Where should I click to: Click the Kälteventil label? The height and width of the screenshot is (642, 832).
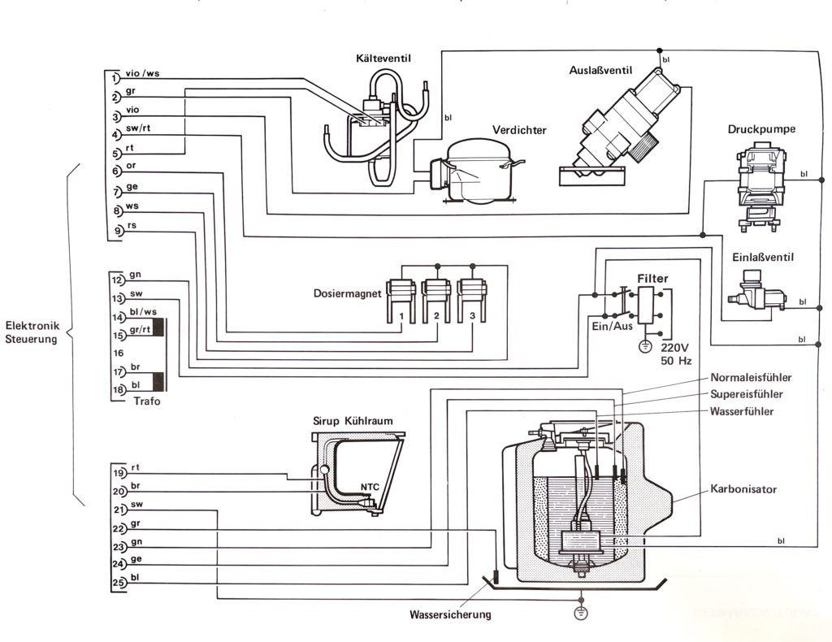click(383, 59)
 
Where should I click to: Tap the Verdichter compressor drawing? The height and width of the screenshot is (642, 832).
click(472, 173)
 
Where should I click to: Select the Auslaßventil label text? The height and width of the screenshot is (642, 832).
click(600, 70)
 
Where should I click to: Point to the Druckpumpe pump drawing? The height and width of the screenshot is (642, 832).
click(761, 189)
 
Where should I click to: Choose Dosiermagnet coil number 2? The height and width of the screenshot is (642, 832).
click(436, 301)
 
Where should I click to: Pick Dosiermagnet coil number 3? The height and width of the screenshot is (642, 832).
click(473, 301)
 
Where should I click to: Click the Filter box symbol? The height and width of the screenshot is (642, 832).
click(646, 305)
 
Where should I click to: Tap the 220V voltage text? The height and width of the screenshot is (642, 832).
click(674, 348)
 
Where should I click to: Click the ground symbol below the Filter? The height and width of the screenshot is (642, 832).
click(645, 346)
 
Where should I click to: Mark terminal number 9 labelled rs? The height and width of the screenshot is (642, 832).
click(119, 231)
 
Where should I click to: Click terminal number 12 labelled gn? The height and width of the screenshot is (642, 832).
click(117, 280)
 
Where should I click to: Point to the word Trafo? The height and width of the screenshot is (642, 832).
click(147, 401)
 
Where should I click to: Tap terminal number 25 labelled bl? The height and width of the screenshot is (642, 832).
click(119, 583)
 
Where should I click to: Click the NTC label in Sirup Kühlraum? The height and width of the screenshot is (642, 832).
click(370, 487)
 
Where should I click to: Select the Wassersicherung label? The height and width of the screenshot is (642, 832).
click(450, 615)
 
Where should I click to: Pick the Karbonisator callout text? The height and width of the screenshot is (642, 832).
click(743, 489)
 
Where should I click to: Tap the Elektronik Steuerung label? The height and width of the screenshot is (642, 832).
click(32, 332)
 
